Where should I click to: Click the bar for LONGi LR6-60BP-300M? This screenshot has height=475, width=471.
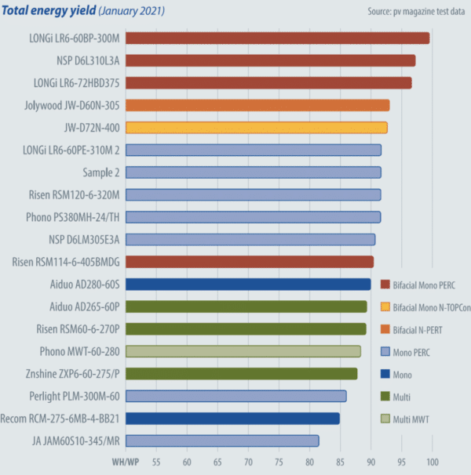[277, 38]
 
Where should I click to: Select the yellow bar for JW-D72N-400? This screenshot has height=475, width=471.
[256, 128]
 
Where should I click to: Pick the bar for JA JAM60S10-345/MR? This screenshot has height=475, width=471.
[222, 441]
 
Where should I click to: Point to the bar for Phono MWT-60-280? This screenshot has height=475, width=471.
[243, 351]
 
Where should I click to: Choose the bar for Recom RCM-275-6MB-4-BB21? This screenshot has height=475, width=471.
[232, 419]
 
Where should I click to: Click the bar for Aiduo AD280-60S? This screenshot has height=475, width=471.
[247, 285]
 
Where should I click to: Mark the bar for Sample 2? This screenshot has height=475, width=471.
[253, 172]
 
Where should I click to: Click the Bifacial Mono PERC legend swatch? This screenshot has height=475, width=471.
[385, 284]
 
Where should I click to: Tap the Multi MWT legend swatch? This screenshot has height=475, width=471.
[385, 420]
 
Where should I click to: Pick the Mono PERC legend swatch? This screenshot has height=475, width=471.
[385, 352]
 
